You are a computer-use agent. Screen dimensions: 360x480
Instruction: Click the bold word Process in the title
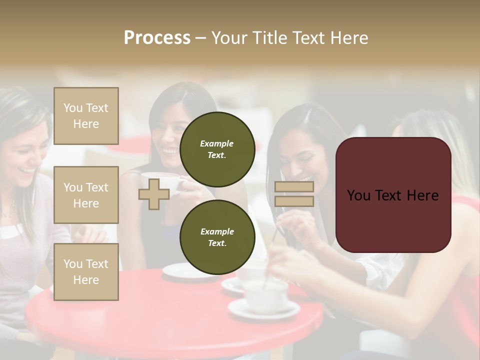coord(157,38)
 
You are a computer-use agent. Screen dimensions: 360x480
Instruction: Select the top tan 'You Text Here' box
coord(86,116)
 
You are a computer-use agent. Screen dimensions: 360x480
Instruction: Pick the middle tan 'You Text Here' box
coord(86,195)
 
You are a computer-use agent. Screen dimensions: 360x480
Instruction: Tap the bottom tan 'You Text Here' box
coord(86,272)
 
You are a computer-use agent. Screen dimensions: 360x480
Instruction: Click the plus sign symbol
coord(153,194)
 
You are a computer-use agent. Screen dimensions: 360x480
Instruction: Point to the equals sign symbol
coord(294,194)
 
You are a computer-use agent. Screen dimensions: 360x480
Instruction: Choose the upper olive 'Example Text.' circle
coord(217,149)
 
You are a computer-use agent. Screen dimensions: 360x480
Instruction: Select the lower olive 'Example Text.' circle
coord(217,237)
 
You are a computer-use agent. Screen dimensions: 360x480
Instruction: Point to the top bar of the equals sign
coord(294,187)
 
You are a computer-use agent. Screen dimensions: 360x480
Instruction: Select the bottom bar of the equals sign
coord(294,201)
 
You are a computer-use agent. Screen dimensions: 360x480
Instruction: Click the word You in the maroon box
coord(359,195)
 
